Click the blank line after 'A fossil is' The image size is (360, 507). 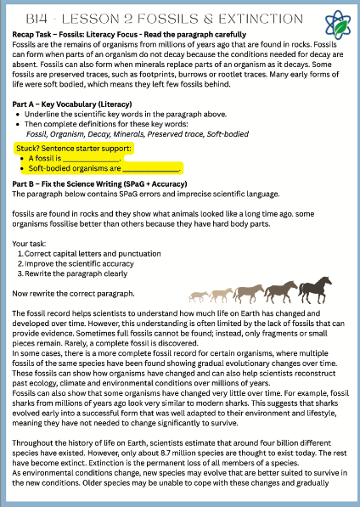click(x=93, y=158)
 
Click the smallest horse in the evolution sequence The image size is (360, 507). click(x=197, y=296)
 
